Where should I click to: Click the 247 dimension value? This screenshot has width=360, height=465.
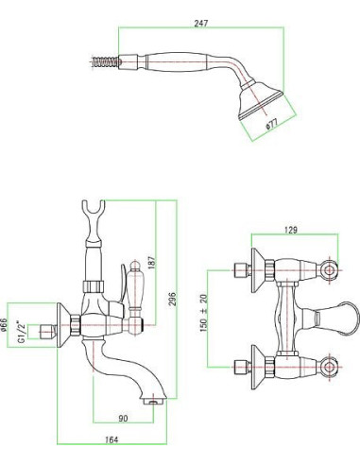201,24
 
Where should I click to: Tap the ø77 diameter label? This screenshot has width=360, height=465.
271,124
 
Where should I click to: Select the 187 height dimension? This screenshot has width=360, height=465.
151,262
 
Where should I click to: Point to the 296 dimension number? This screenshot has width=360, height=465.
173,299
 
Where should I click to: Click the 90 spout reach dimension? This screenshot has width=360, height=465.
123,419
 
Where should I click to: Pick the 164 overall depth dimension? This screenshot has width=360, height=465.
111,439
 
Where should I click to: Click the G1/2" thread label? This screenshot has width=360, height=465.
21,332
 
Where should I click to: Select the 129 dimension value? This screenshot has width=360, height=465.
290,230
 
